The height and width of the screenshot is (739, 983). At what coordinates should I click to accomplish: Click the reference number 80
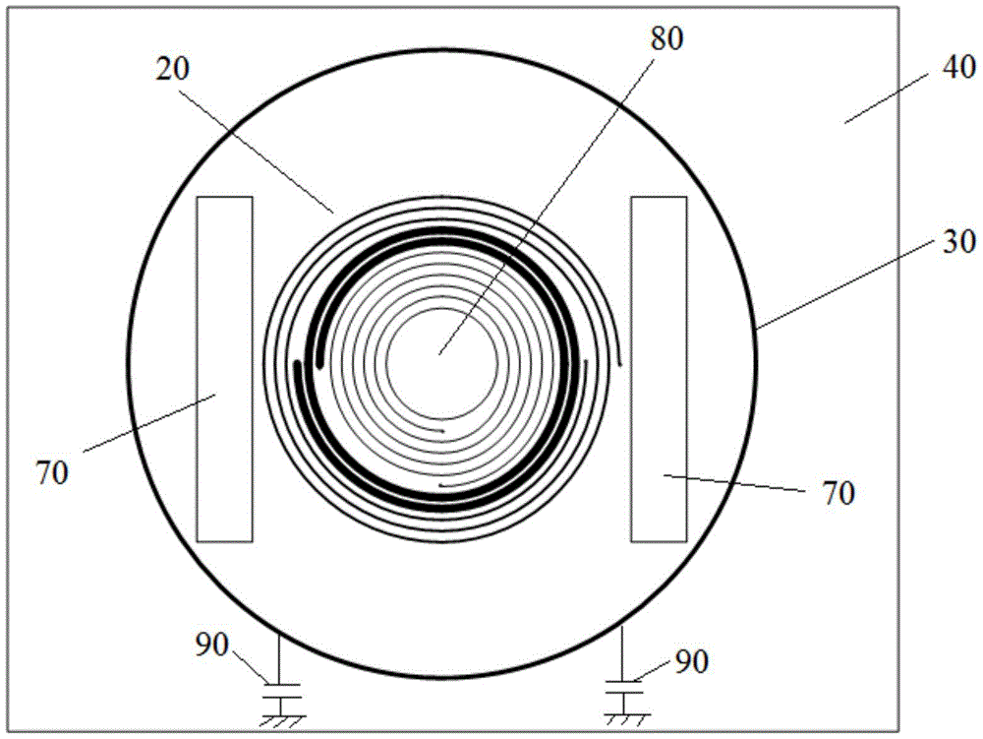pyautogui.click(x=666, y=39)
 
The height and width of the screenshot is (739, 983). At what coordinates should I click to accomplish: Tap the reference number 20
pyautogui.click(x=172, y=69)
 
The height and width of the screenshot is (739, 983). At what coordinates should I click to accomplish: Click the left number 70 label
pyautogui.click(x=51, y=473)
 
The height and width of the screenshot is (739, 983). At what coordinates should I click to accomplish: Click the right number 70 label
pyautogui.click(x=838, y=494)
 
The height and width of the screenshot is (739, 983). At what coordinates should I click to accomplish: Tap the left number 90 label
pyautogui.click(x=211, y=645)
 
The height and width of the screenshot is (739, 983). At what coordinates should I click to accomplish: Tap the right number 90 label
pyautogui.click(x=691, y=661)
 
